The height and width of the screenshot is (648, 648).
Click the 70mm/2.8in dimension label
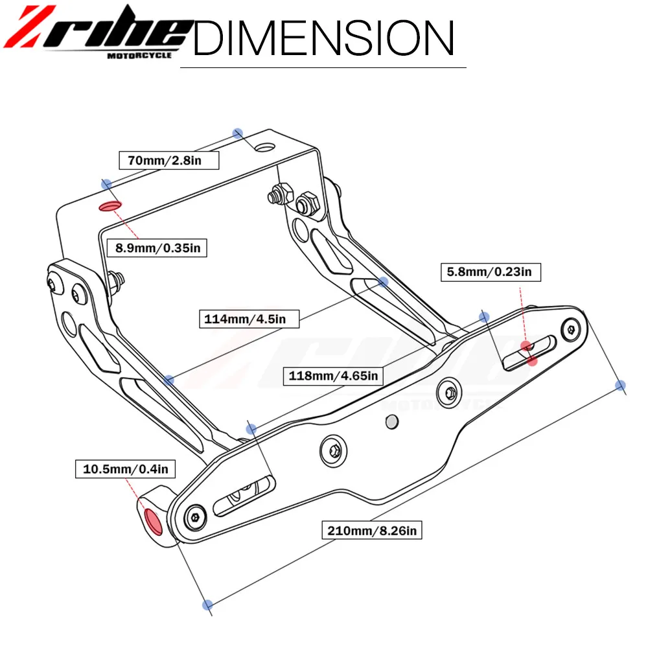[x=165, y=160]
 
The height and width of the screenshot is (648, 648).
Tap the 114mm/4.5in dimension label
[x=243, y=318]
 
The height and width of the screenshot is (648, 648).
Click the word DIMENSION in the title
[x=323, y=38]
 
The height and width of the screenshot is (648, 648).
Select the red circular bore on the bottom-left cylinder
[x=154, y=521]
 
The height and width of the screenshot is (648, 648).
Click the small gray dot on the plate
[x=391, y=422]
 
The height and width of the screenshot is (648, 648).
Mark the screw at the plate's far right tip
[x=570, y=330]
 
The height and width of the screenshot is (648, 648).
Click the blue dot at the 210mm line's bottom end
[x=207, y=605]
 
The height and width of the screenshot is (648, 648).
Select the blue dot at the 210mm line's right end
[x=620, y=386]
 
